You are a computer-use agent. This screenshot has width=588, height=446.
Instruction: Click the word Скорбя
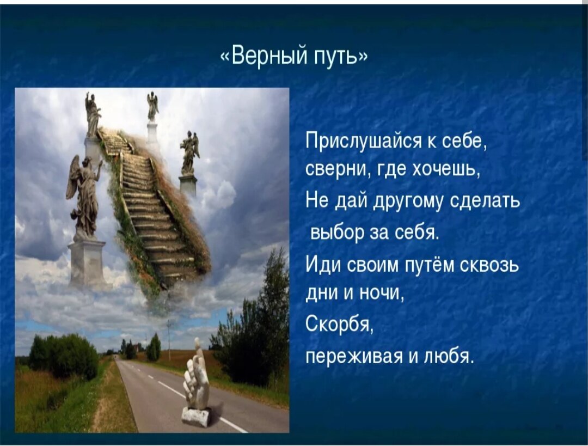tap(339, 323)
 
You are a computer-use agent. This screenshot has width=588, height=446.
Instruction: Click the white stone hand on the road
tap(197, 380)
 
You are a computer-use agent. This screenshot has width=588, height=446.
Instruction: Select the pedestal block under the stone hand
tap(195, 417)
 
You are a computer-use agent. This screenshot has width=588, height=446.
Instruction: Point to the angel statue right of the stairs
tap(189, 152)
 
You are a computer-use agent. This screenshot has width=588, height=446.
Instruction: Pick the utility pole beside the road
tap(169, 340)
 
